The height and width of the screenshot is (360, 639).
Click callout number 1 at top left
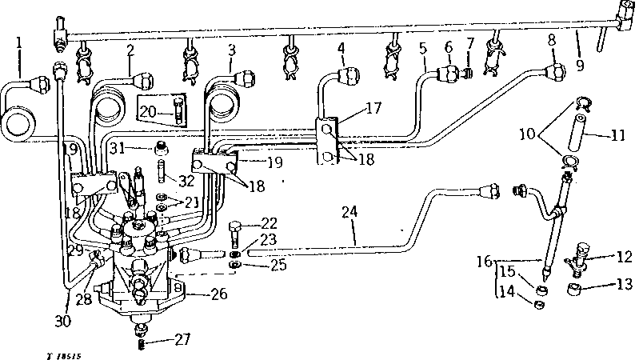click(19, 41)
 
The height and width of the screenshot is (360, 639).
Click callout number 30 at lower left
click(62, 320)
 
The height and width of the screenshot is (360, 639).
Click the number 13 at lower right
click(625, 283)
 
